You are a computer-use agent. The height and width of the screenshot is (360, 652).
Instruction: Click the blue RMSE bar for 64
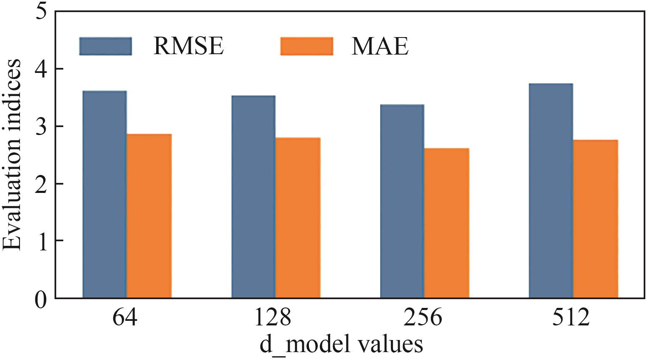click(x=105, y=194)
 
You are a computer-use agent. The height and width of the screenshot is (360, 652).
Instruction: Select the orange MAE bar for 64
click(x=149, y=216)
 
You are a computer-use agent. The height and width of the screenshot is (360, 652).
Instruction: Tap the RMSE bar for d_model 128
click(x=253, y=197)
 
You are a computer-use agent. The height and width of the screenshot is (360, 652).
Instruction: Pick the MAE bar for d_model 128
click(x=298, y=217)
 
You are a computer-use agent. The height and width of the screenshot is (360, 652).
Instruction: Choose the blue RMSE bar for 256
click(x=402, y=201)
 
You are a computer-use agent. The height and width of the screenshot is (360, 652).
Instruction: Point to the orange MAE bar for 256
click(x=446, y=223)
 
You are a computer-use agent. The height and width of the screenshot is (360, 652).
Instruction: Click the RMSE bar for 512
click(x=550, y=191)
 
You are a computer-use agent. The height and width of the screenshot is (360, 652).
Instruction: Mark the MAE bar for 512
click(x=595, y=219)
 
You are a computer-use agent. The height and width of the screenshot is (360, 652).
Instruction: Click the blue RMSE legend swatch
click(x=105, y=46)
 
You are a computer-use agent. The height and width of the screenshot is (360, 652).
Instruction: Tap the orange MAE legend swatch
click(x=306, y=46)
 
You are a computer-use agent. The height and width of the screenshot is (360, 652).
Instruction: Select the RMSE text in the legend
click(x=189, y=46)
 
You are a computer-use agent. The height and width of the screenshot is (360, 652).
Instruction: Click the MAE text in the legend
click(x=380, y=46)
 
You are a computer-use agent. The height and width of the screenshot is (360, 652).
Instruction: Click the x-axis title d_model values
click(x=341, y=345)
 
